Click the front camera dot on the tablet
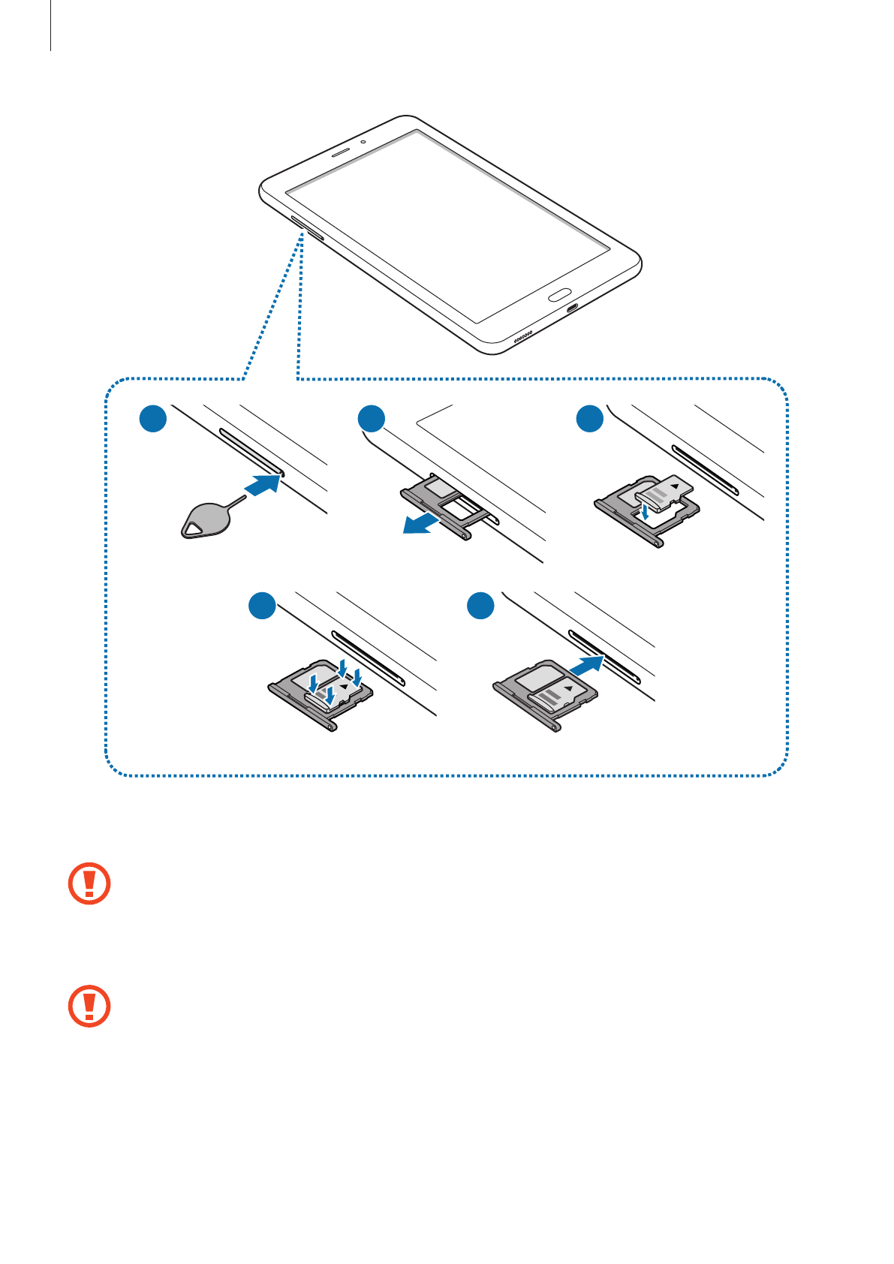363,141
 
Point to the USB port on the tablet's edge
573,308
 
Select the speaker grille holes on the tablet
523,335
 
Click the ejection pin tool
206,519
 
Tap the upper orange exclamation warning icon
89,883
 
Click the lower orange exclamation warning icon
89,1006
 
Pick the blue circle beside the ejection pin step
153,418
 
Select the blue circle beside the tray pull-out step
372,418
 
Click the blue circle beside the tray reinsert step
480,606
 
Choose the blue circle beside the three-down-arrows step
262,606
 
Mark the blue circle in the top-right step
590,418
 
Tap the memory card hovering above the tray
664,489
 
